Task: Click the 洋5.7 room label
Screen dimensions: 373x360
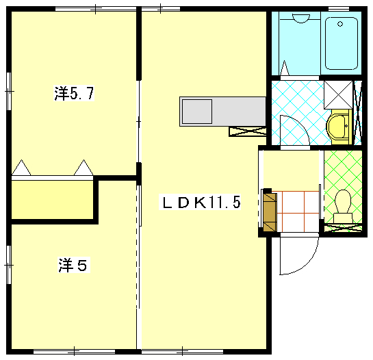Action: [74, 93]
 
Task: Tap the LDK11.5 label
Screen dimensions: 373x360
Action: [200, 202]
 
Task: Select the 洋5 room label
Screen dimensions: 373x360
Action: [74, 265]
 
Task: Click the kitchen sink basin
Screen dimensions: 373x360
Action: [197, 112]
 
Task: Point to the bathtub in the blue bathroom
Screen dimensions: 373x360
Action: [342, 43]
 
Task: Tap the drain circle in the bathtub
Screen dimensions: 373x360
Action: [340, 24]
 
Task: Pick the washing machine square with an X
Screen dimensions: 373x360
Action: [338, 94]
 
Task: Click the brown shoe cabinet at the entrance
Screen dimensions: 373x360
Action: [270, 212]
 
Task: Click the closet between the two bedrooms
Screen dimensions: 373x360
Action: [52, 199]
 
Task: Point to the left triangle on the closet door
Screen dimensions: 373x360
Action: [21, 168]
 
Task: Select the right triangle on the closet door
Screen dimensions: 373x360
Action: [83, 168]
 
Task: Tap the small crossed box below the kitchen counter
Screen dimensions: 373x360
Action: [247, 131]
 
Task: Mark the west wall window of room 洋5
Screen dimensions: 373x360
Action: [9, 265]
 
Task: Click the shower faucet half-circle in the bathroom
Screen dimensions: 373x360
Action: [301, 18]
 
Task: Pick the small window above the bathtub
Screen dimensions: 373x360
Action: [339, 9]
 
